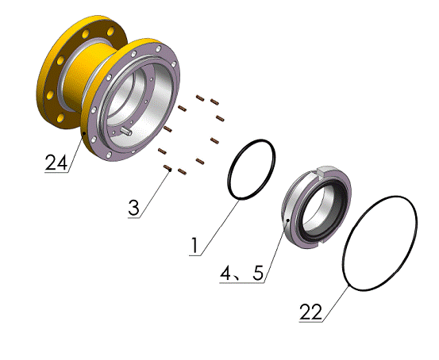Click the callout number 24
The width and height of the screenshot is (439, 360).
tap(56, 163)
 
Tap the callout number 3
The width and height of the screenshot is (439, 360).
tap(133, 208)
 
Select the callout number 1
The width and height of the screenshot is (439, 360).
tap(194, 246)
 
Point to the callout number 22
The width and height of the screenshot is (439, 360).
tap(310, 312)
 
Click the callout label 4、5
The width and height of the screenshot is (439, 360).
tap(242, 273)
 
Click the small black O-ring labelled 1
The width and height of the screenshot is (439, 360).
tap(252, 170)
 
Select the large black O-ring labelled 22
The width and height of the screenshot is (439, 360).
tap(379, 243)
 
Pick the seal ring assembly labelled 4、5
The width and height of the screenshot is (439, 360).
tap(316, 207)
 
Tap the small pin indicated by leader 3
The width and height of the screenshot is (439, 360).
tap(168, 168)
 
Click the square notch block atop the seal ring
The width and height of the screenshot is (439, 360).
tap(324, 171)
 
